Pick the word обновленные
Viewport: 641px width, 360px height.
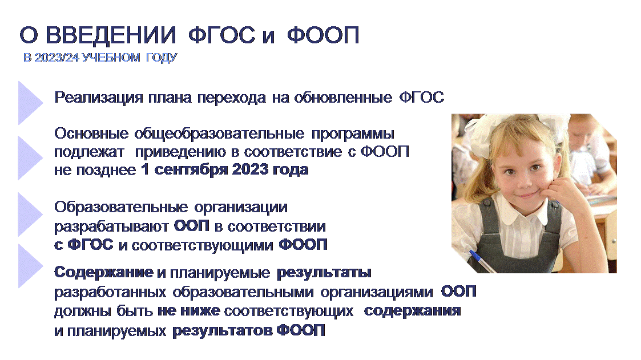[x=343, y=98]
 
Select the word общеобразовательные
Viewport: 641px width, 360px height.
[x=219, y=134]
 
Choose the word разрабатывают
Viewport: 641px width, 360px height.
[x=111, y=226]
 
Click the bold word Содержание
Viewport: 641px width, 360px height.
[x=104, y=272]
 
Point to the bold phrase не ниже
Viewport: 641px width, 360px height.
[x=189, y=311]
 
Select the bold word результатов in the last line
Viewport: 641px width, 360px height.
[x=223, y=330]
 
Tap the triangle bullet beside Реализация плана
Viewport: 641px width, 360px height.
[x=30, y=103]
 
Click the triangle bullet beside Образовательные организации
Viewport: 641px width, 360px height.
[x=30, y=214]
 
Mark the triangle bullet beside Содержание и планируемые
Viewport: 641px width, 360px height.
[x=30, y=266]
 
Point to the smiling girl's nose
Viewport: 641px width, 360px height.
[x=523, y=182]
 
